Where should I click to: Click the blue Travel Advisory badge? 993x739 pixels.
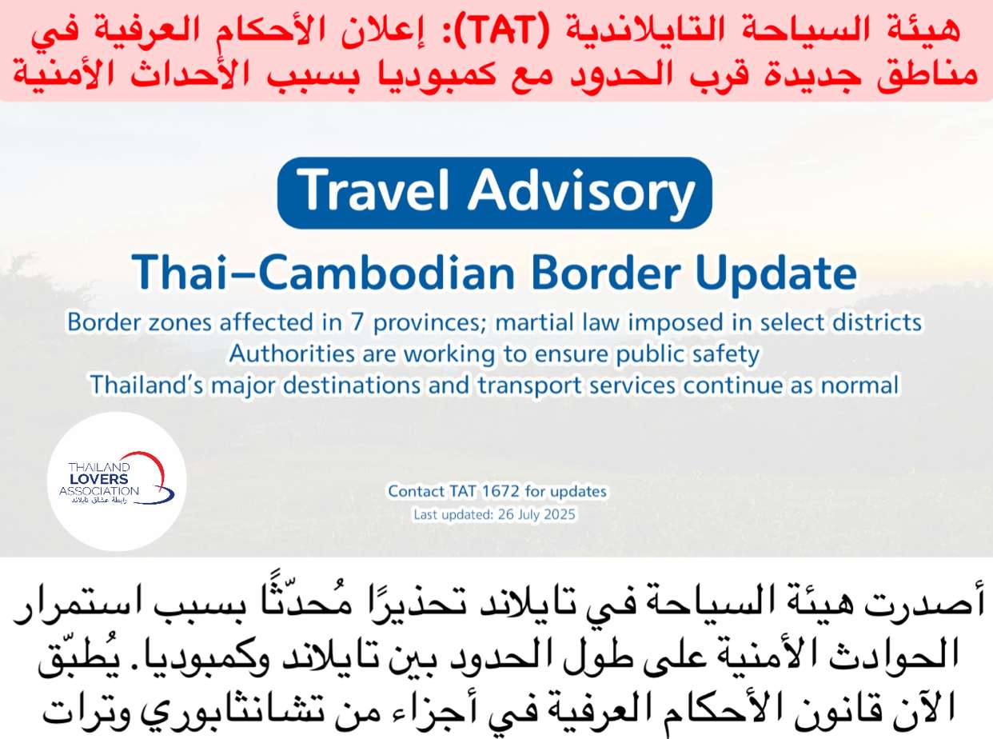495,193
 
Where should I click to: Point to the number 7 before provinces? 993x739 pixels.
357,322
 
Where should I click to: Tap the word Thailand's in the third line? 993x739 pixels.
147,385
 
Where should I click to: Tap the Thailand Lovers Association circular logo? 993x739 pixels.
117,482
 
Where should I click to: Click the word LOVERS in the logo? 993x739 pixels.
99,479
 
